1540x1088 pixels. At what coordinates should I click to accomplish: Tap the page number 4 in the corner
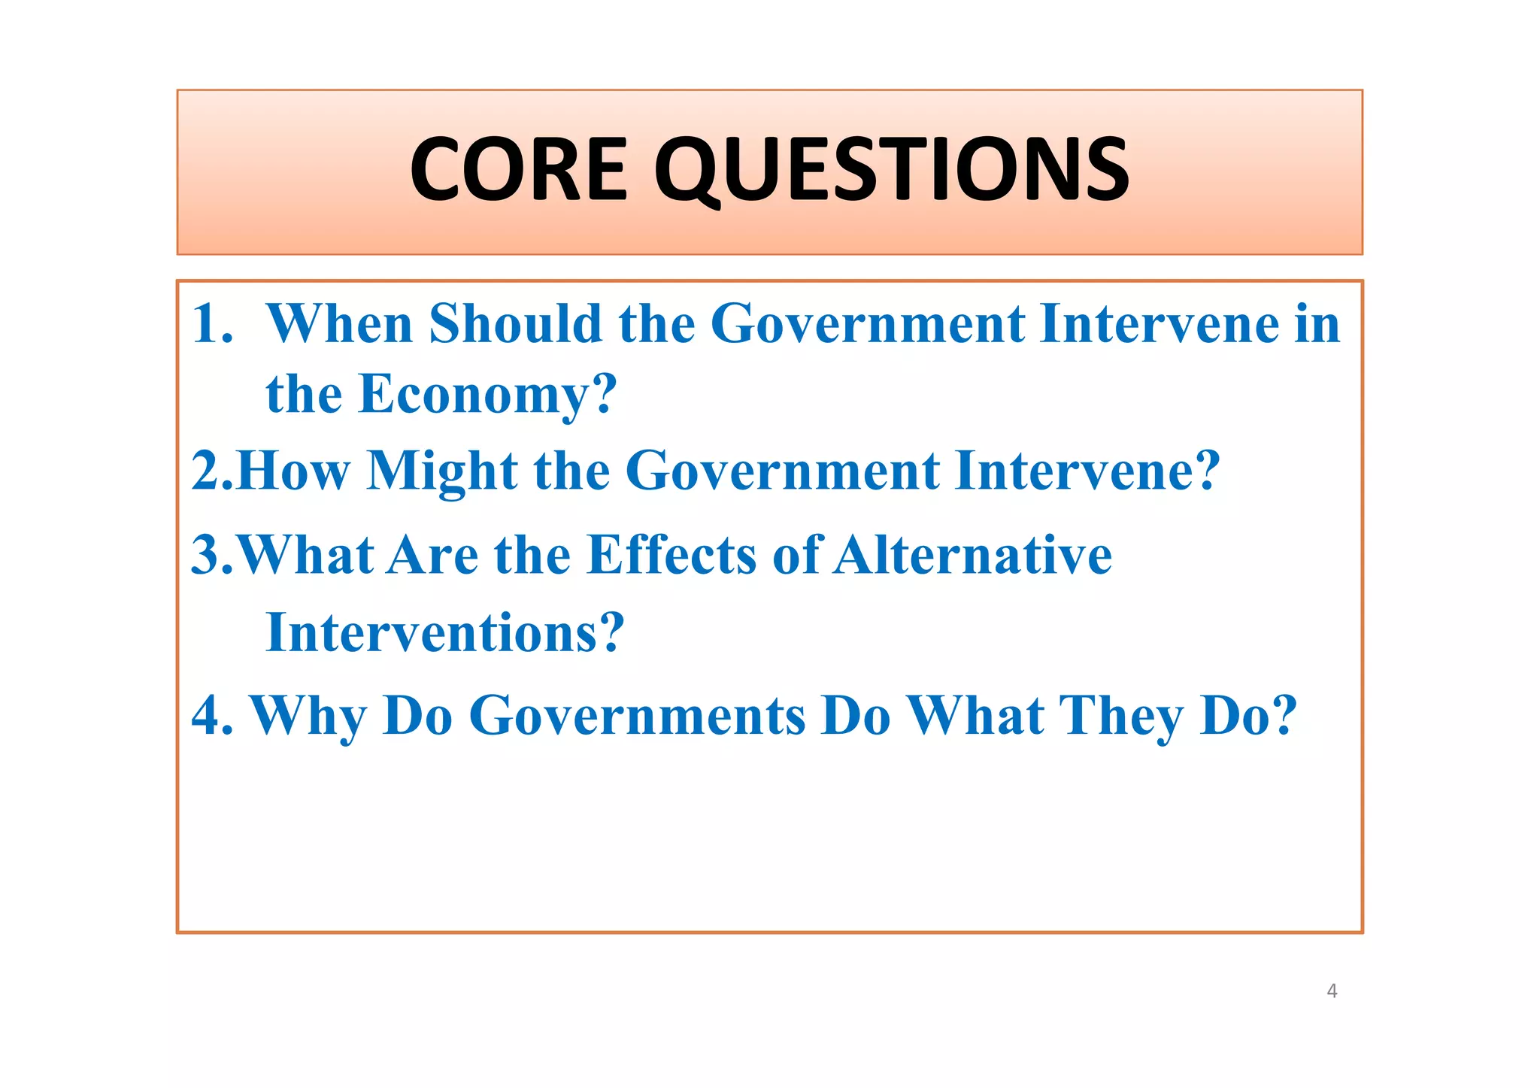coord(1332,991)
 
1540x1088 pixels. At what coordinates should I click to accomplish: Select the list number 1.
coord(211,324)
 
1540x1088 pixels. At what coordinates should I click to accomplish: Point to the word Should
coord(515,324)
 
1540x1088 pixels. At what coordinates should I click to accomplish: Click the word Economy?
coord(487,395)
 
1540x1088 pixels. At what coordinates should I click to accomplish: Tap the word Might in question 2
coord(441,471)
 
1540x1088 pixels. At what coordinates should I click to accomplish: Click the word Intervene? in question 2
coord(1087,471)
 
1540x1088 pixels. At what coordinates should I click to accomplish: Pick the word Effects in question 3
coord(671,556)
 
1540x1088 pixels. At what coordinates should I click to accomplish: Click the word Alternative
coord(972,556)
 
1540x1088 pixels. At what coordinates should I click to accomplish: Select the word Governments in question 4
coord(638,716)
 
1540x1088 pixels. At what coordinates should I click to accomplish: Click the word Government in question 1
coord(867,324)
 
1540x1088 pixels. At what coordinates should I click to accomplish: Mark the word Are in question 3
coord(432,556)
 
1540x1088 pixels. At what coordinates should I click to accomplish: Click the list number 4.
coord(211,716)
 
